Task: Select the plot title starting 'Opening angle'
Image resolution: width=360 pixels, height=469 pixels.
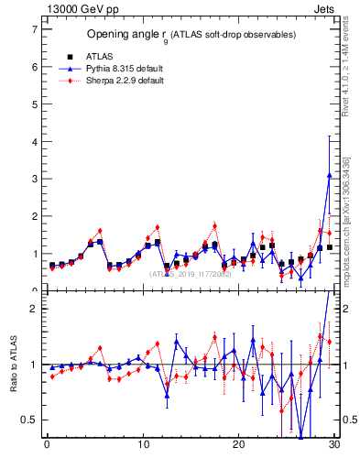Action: pos(191,35)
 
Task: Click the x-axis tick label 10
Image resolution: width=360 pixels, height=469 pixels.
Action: pos(143,446)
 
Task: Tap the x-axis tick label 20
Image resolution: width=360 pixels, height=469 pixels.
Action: pos(239,446)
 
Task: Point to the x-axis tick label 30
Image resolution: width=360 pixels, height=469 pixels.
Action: pos(334,446)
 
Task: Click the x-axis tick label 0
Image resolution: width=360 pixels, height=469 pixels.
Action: pos(47,446)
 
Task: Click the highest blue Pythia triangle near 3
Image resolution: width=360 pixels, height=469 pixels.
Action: pos(329,175)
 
